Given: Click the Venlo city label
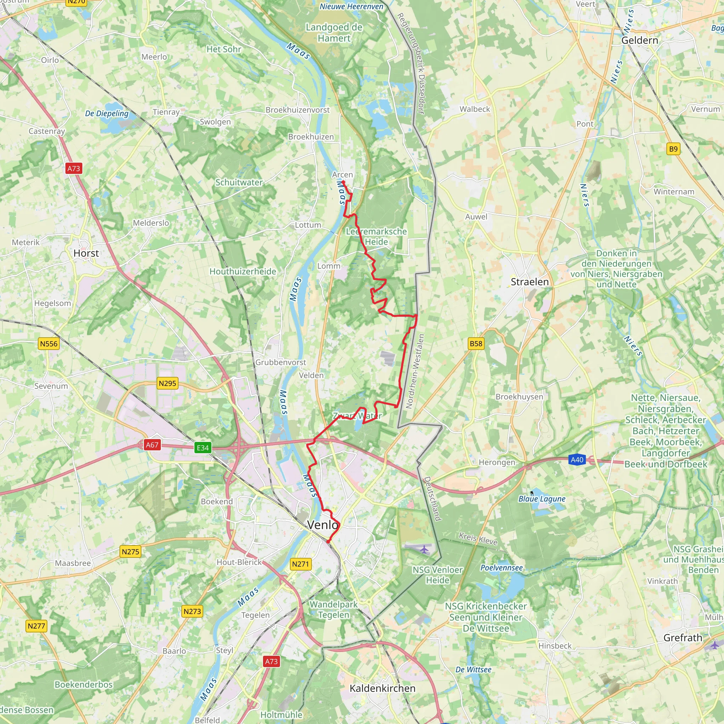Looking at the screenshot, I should (x=322, y=525).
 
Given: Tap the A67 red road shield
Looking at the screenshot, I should (x=152, y=445).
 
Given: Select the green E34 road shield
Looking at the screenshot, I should (x=203, y=448).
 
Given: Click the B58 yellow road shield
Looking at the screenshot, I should (x=476, y=344).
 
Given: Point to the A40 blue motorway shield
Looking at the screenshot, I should (x=577, y=460).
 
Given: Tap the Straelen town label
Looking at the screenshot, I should (x=530, y=282).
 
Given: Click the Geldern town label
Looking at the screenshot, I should (x=639, y=40).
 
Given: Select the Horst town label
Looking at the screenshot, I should (x=86, y=253).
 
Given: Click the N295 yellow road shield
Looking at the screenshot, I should (x=167, y=383).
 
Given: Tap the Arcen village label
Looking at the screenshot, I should (x=342, y=175).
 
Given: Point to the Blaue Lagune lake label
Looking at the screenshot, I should (x=542, y=499).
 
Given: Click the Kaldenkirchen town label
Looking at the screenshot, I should (x=382, y=688).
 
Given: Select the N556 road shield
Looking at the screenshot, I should (x=49, y=344).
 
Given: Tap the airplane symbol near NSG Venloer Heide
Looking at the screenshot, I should (x=424, y=549).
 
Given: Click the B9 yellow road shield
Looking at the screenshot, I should (x=673, y=149).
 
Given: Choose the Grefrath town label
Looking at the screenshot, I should (x=682, y=638).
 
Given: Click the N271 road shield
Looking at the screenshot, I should (x=300, y=564).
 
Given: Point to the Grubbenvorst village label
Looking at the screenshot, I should (x=280, y=362).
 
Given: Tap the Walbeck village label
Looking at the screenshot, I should (x=474, y=109).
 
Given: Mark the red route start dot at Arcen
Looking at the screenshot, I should (x=343, y=182).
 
